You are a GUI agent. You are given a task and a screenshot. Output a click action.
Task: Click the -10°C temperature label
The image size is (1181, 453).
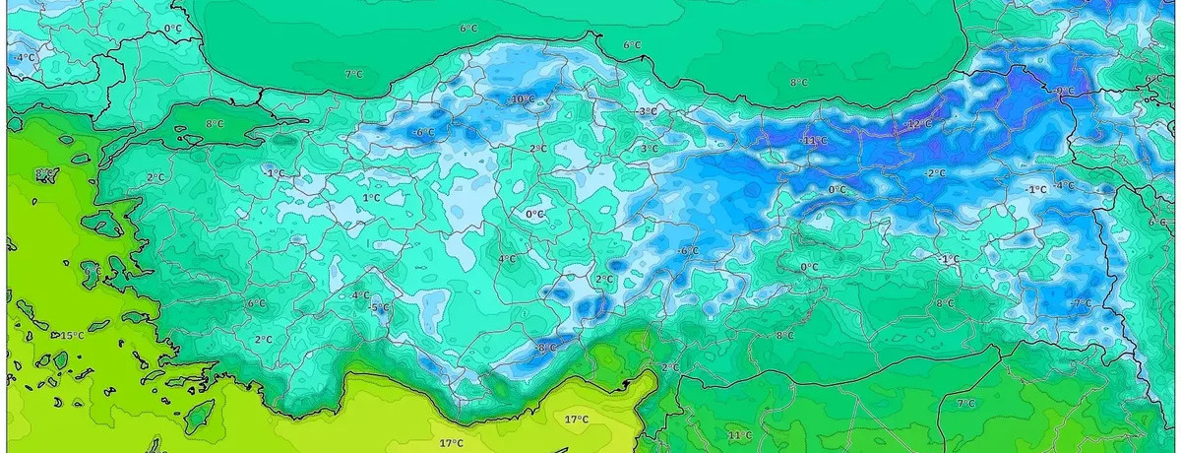click(521, 99)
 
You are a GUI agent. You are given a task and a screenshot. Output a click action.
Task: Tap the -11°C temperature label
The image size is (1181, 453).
click(813, 141)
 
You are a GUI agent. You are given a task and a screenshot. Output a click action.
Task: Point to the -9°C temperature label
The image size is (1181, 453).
click(1064, 91)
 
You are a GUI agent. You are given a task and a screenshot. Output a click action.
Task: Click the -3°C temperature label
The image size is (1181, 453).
click(647, 112)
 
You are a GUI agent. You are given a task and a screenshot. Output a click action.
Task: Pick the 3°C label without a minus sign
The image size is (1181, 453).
click(650, 149)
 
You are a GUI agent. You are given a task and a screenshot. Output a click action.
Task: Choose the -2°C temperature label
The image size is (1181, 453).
click(935, 173)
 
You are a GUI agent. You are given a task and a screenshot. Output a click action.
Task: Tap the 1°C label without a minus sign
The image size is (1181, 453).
click(371, 198)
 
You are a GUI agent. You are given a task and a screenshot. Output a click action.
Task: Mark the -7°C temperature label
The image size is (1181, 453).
click(1081, 303)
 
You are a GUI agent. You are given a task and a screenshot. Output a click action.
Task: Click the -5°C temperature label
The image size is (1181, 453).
click(379, 308)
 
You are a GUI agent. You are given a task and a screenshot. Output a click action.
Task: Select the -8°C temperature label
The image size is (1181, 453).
click(544, 347)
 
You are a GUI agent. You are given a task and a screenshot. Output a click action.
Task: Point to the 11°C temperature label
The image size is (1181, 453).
click(739, 434)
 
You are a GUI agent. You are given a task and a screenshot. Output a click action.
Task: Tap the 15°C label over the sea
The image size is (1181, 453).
click(72, 336)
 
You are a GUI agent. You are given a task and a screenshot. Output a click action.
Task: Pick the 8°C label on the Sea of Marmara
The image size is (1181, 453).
click(215, 124)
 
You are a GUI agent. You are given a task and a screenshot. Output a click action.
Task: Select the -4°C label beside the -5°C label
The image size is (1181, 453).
click(360, 294)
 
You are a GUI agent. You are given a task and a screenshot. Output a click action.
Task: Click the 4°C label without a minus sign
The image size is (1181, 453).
click(507, 259)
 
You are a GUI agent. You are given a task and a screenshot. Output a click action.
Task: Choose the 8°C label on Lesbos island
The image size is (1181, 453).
click(44, 175)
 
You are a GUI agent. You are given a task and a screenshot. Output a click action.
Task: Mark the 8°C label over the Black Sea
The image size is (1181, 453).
click(799, 82)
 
